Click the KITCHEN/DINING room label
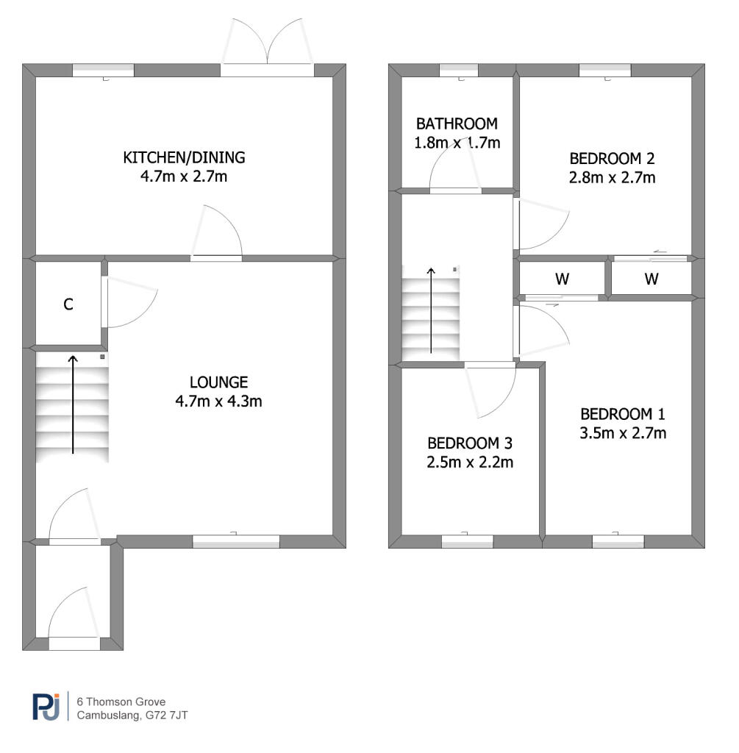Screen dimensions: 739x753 point(184,157)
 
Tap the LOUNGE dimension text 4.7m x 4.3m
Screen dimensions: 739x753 point(218,401)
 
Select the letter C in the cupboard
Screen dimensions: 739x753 point(68,304)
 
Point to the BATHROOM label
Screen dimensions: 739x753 point(457,124)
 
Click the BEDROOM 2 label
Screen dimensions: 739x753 point(612,159)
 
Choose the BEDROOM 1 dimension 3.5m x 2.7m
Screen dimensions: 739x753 point(623,433)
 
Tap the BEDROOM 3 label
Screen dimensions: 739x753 point(470,443)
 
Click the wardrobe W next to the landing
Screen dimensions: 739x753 point(562,279)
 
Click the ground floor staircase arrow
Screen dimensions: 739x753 point(73,404)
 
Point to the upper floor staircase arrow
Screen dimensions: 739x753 point(431,310)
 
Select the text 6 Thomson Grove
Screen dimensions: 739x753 point(121,702)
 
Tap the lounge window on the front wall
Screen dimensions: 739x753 point(236,541)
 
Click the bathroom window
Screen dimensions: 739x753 point(459,70)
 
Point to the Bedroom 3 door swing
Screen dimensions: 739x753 point(490,389)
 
